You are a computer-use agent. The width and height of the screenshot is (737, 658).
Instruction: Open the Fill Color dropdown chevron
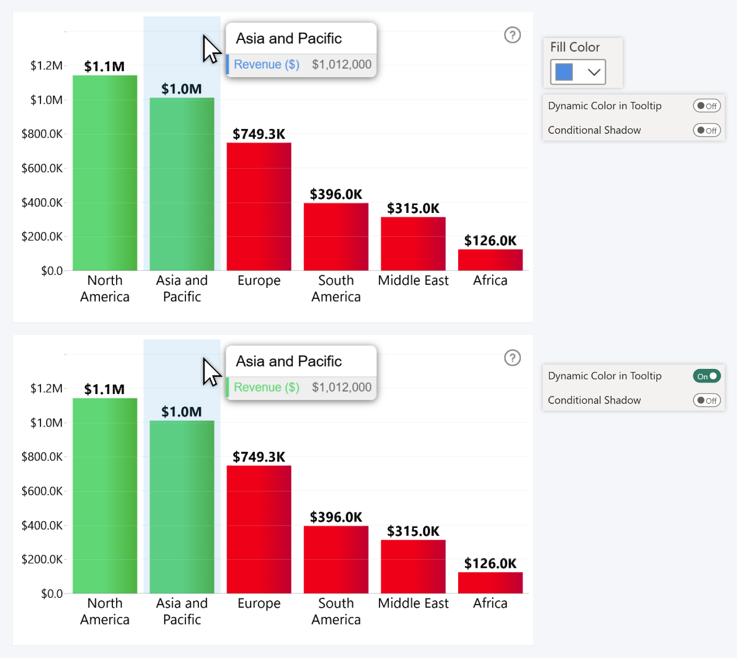(x=593, y=72)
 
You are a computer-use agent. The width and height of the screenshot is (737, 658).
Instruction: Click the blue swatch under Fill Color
(x=564, y=72)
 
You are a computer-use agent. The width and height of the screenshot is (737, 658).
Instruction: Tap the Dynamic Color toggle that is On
(x=706, y=376)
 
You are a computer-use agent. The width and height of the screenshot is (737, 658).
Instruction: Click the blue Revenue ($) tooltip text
(x=267, y=64)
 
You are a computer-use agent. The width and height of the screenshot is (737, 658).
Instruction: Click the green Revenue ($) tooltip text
(x=267, y=387)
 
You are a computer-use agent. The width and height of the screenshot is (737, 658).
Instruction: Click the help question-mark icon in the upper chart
(x=512, y=35)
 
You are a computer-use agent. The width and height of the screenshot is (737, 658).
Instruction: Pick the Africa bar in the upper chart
(x=490, y=260)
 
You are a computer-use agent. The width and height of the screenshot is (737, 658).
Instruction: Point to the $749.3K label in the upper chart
(x=259, y=134)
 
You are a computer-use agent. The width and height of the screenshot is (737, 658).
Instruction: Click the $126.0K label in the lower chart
(x=490, y=563)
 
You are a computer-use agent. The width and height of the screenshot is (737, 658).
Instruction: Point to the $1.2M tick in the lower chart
(x=46, y=389)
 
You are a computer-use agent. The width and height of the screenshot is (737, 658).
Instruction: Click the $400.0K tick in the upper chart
(x=42, y=203)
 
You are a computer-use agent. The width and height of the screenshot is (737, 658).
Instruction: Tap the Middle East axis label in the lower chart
(x=413, y=603)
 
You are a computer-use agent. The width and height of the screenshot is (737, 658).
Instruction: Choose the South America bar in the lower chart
(x=336, y=559)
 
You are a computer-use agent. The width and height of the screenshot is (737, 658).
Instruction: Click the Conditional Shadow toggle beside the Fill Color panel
(x=706, y=130)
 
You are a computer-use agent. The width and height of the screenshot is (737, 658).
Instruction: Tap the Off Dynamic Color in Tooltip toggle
(x=706, y=106)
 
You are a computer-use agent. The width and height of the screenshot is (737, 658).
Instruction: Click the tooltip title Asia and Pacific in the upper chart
(x=289, y=38)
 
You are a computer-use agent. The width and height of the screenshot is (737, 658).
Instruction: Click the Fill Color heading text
(x=575, y=47)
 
